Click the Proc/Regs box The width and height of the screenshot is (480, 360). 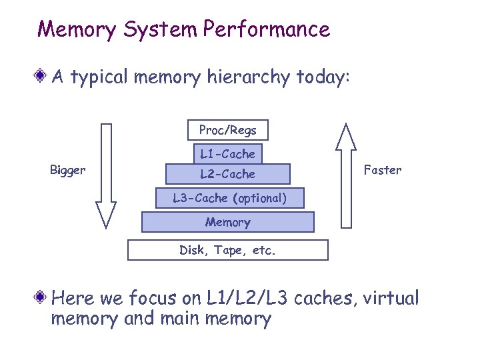pyautogui.click(x=227, y=130)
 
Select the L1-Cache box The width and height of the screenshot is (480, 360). pyautogui.click(x=227, y=154)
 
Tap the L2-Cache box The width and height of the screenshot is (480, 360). pyautogui.click(x=227, y=174)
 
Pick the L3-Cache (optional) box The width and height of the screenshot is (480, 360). pyautogui.click(x=229, y=198)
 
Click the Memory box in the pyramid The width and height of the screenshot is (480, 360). pyautogui.click(x=227, y=222)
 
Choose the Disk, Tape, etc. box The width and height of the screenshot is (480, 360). pyautogui.click(x=227, y=251)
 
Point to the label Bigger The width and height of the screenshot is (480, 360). pyautogui.click(x=67, y=171)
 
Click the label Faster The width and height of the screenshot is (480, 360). pyautogui.click(x=383, y=170)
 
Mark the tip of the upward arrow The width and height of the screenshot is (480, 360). pyautogui.click(x=345, y=125)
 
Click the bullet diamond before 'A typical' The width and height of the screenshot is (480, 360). pyautogui.click(x=42, y=77)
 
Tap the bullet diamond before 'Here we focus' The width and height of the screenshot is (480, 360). pyautogui.click(x=42, y=297)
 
